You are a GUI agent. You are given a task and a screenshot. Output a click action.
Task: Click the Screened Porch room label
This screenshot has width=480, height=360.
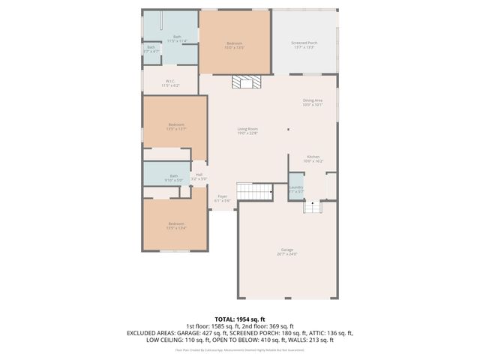(304, 45)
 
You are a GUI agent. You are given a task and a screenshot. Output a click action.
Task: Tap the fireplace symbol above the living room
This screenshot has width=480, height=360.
(243, 82)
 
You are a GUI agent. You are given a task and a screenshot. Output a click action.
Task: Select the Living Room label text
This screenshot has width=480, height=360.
(247, 132)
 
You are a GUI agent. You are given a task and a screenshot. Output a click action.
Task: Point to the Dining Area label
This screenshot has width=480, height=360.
(312, 102)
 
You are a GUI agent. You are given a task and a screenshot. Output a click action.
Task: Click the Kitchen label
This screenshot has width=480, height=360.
(313, 159)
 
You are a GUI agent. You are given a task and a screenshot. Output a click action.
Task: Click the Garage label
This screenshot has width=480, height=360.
(287, 251)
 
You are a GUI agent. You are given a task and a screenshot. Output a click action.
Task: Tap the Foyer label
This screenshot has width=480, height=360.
(223, 198)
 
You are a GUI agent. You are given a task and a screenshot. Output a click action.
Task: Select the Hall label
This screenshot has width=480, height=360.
(199, 176)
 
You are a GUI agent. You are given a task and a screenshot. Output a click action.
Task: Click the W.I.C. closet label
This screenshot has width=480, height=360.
(171, 84)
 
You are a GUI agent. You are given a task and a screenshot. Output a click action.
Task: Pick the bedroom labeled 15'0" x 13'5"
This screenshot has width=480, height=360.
(234, 46)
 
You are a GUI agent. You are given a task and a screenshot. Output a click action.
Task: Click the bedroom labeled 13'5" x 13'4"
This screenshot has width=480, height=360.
(175, 226)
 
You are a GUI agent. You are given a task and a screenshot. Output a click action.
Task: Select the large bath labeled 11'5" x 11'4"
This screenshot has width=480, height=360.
(177, 38)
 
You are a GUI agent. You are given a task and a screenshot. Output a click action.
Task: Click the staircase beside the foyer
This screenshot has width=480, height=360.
(253, 190)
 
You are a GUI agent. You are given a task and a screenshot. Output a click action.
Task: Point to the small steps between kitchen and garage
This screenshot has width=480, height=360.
(310, 205)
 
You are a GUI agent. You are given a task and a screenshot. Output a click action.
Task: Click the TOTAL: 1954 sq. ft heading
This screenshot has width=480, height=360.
(239, 319)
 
